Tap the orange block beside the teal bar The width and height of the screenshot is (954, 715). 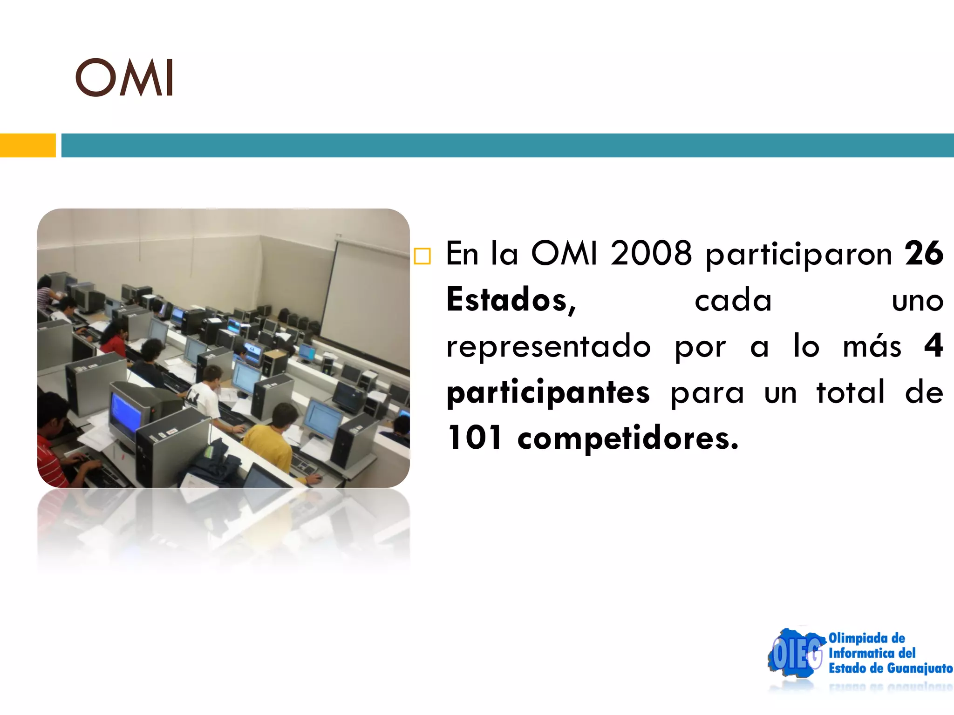(x=27, y=145)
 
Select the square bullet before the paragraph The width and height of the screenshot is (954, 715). (x=422, y=256)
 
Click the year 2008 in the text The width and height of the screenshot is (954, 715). (x=651, y=254)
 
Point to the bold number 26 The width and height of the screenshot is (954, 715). (x=924, y=254)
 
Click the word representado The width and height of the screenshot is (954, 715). (x=548, y=346)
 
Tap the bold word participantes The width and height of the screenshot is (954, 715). (x=548, y=393)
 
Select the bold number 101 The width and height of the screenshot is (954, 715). (x=475, y=438)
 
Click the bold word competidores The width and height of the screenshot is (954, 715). (x=627, y=439)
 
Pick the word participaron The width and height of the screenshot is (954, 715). (x=798, y=255)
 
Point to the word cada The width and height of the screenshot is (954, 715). (x=733, y=301)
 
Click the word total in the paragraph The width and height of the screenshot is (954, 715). (x=851, y=392)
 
